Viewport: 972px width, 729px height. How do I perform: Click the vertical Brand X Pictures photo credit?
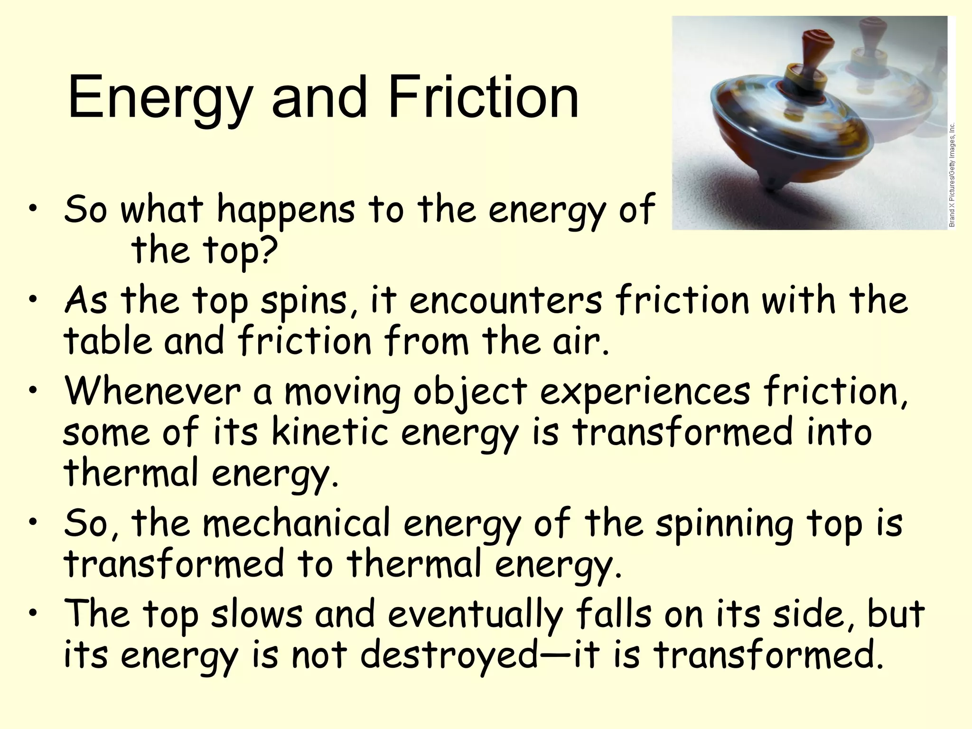click(952, 175)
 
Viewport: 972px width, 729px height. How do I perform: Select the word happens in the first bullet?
click(286, 210)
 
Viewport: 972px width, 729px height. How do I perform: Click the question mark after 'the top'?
click(269, 250)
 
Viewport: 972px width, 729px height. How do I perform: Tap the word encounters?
click(505, 300)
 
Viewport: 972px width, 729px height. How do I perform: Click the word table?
click(108, 341)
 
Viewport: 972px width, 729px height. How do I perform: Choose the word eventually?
click(475, 614)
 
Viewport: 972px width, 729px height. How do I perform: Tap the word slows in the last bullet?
click(257, 613)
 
